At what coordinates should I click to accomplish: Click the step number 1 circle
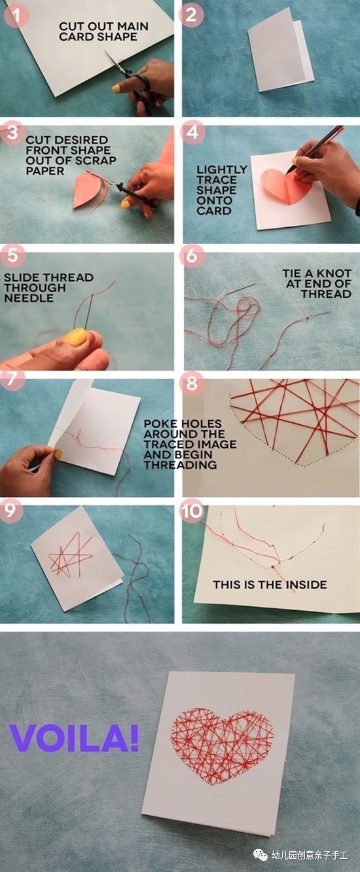[17, 16]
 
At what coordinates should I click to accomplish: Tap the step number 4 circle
[192, 133]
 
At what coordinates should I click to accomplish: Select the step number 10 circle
[192, 511]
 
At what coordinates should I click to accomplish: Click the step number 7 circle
[12, 378]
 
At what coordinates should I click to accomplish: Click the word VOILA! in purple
[73, 738]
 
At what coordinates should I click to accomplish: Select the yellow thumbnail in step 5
[75, 336]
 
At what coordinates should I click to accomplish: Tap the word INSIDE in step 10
[306, 585]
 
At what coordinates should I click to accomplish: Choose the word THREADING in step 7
[180, 465]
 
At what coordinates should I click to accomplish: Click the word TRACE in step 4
[217, 180]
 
